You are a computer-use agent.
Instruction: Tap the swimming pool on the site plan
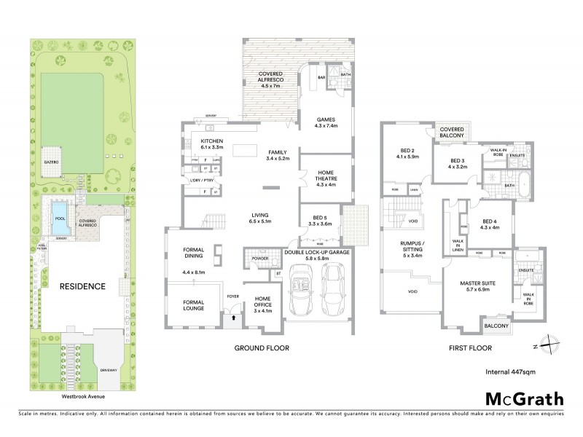58,218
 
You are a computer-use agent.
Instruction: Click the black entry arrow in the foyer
232,317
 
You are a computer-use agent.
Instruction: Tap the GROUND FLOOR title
261,348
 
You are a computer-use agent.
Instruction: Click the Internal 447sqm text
508,371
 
